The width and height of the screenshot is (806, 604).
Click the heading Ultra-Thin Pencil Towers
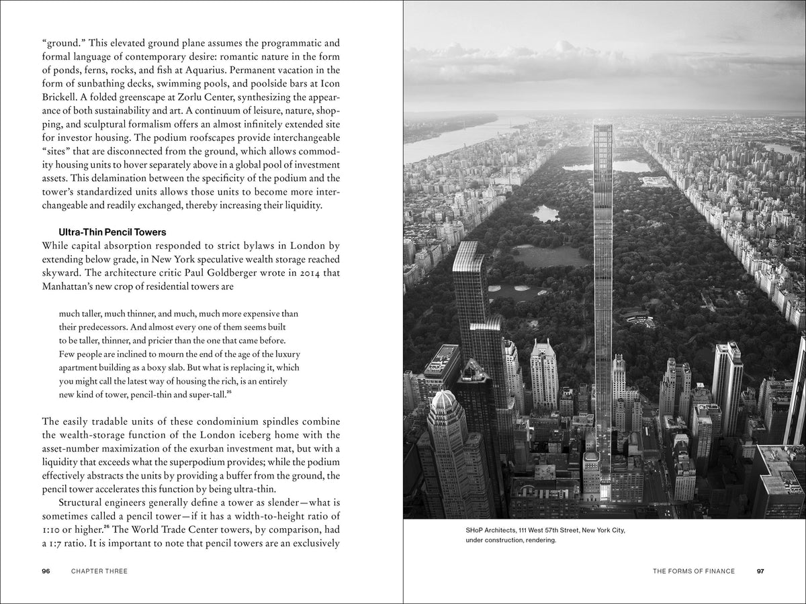coord(112,232)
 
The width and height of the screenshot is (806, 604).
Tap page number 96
coord(46,571)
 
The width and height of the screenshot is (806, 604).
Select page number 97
coord(760,571)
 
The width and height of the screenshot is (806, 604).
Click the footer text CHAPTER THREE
coord(99,571)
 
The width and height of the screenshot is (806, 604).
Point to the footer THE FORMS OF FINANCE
coord(694,571)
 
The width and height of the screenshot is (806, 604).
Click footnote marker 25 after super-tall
coord(229,392)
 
